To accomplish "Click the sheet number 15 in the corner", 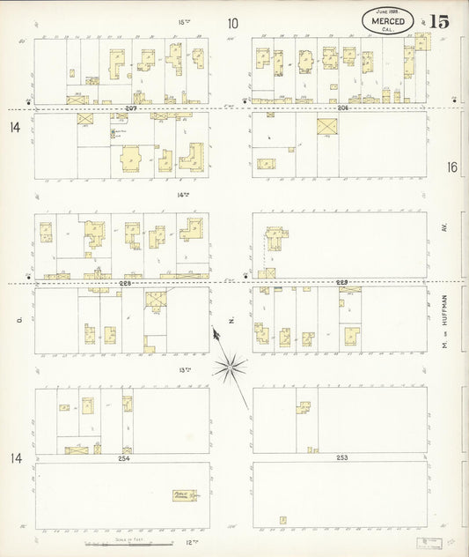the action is click(x=439, y=22).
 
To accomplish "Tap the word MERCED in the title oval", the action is click(x=387, y=21).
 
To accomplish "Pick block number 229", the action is click(x=342, y=283).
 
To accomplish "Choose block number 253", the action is click(x=342, y=458).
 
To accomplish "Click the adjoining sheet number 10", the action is click(x=232, y=24).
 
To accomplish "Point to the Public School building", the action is click(x=186, y=495).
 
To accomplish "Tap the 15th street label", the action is click(x=183, y=21).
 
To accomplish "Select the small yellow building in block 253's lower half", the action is click(x=282, y=519).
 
